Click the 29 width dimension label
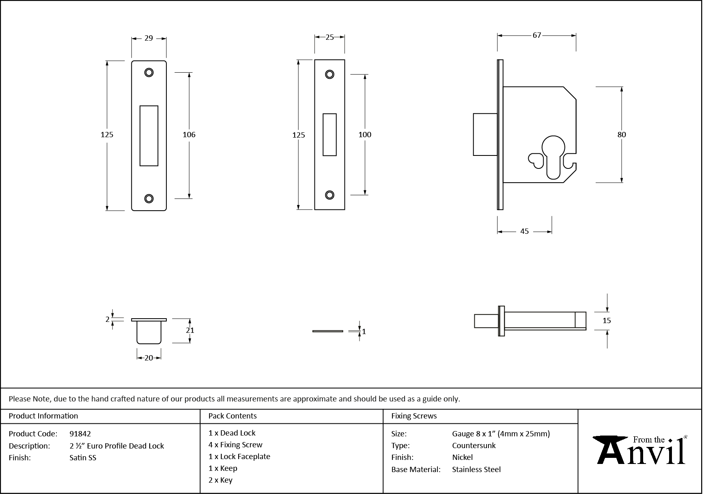click(x=149, y=38)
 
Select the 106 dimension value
click(x=189, y=135)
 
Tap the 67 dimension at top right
click(x=536, y=35)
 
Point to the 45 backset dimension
click(x=524, y=231)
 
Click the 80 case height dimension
click(x=621, y=135)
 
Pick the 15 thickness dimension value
click(x=606, y=321)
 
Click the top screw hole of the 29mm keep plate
click(x=149, y=73)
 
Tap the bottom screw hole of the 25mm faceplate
click(x=329, y=195)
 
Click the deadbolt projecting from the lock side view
click(x=485, y=134)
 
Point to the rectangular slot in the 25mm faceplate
click(x=329, y=135)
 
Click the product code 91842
click(x=80, y=434)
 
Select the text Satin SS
click(x=83, y=457)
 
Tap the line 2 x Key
click(x=220, y=480)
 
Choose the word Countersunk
click(x=474, y=445)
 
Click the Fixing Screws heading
click(x=414, y=416)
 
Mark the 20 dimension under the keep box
click(x=149, y=358)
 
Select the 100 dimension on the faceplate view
click(x=364, y=135)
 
